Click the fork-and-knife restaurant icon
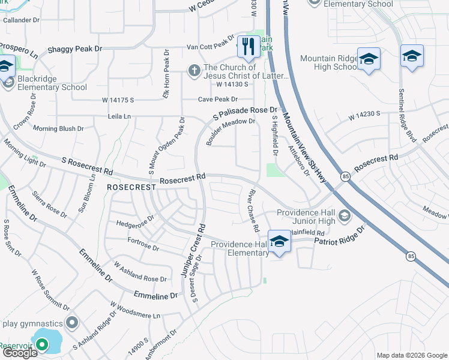click(248, 46)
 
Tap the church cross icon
click(194, 71)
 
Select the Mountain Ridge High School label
click(328, 62)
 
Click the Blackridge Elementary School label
click(52, 83)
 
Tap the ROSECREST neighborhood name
click(131, 187)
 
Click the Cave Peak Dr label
click(218, 99)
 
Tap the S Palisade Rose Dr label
click(246, 112)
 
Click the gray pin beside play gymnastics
click(73, 323)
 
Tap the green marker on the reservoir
click(41, 344)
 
